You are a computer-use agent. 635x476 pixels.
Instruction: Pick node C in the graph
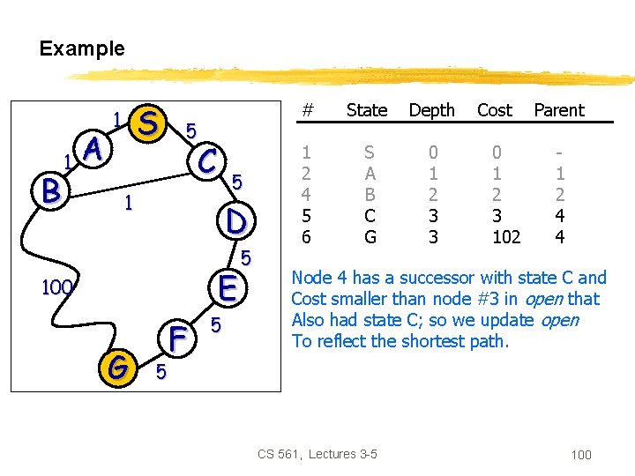click(208, 160)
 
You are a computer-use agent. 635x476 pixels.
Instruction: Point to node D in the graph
click(235, 219)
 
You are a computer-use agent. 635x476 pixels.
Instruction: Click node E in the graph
click(226, 287)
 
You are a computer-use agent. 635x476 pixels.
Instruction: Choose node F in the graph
click(177, 338)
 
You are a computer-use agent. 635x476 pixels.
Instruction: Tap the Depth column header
click(431, 110)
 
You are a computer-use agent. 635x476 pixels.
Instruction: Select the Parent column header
click(559, 110)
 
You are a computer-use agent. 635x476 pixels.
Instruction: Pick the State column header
click(367, 110)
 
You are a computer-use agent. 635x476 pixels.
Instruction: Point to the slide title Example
click(82, 48)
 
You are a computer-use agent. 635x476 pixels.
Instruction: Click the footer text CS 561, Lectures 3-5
click(317, 454)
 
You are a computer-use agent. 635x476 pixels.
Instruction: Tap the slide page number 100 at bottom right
click(581, 455)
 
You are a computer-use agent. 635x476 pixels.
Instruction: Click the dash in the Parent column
click(558, 152)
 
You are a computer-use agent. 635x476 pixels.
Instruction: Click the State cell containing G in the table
click(370, 236)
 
